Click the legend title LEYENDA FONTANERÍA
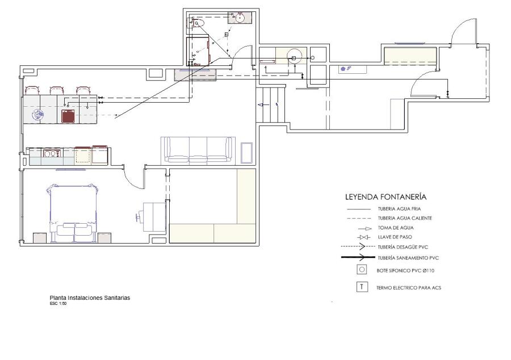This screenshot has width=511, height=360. click(386, 197)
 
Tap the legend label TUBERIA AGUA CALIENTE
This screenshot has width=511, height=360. click(405, 218)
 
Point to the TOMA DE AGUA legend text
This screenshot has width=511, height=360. click(396, 228)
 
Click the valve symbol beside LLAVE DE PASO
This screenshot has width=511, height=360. click(363, 237)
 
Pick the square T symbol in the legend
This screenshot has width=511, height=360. click(362, 287)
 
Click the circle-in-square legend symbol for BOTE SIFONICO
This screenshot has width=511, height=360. click(362, 270)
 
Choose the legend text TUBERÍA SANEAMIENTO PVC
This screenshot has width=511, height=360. click(408, 258)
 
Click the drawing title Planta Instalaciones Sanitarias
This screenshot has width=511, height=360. click(90, 298)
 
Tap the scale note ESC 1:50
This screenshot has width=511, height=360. click(58, 303)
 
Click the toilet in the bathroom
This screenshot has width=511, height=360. click(197, 23)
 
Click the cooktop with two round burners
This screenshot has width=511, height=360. click(52, 153)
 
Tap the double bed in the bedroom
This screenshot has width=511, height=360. click(74, 214)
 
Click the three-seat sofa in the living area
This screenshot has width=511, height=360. click(198, 149)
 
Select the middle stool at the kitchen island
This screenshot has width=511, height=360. click(56, 90)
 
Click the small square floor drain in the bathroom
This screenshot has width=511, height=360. click(227, 34)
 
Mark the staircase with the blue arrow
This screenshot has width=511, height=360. click(270, 104)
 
